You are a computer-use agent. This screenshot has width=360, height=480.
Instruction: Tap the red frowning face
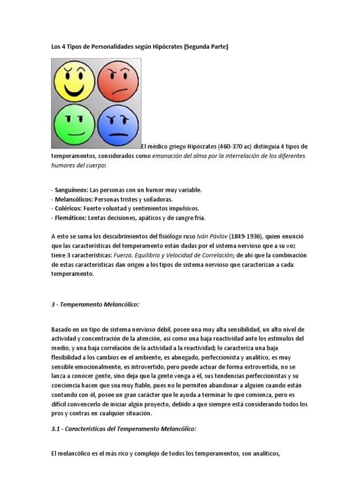click(x=117, y=80)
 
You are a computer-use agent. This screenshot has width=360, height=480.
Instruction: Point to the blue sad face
click(x=117, y=124)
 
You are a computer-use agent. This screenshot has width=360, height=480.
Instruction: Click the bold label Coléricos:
click(x=68, y=209)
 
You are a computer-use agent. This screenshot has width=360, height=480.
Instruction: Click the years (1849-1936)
click(x=258, y=236)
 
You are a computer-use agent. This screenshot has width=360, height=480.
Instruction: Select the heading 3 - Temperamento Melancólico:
click(x=95, y=304)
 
